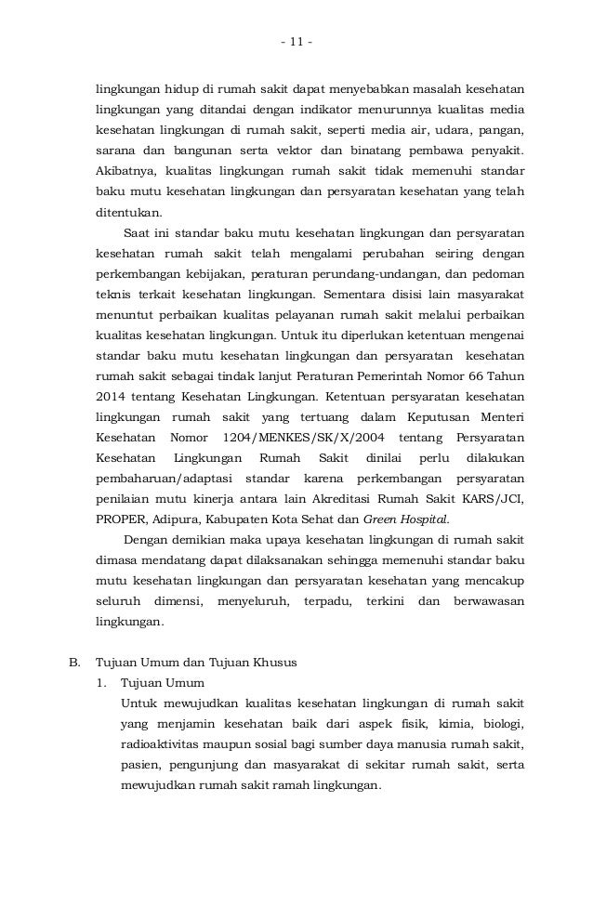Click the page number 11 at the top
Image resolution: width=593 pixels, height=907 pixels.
coord(296,41)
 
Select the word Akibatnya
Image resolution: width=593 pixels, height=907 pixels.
coord(126,172)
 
